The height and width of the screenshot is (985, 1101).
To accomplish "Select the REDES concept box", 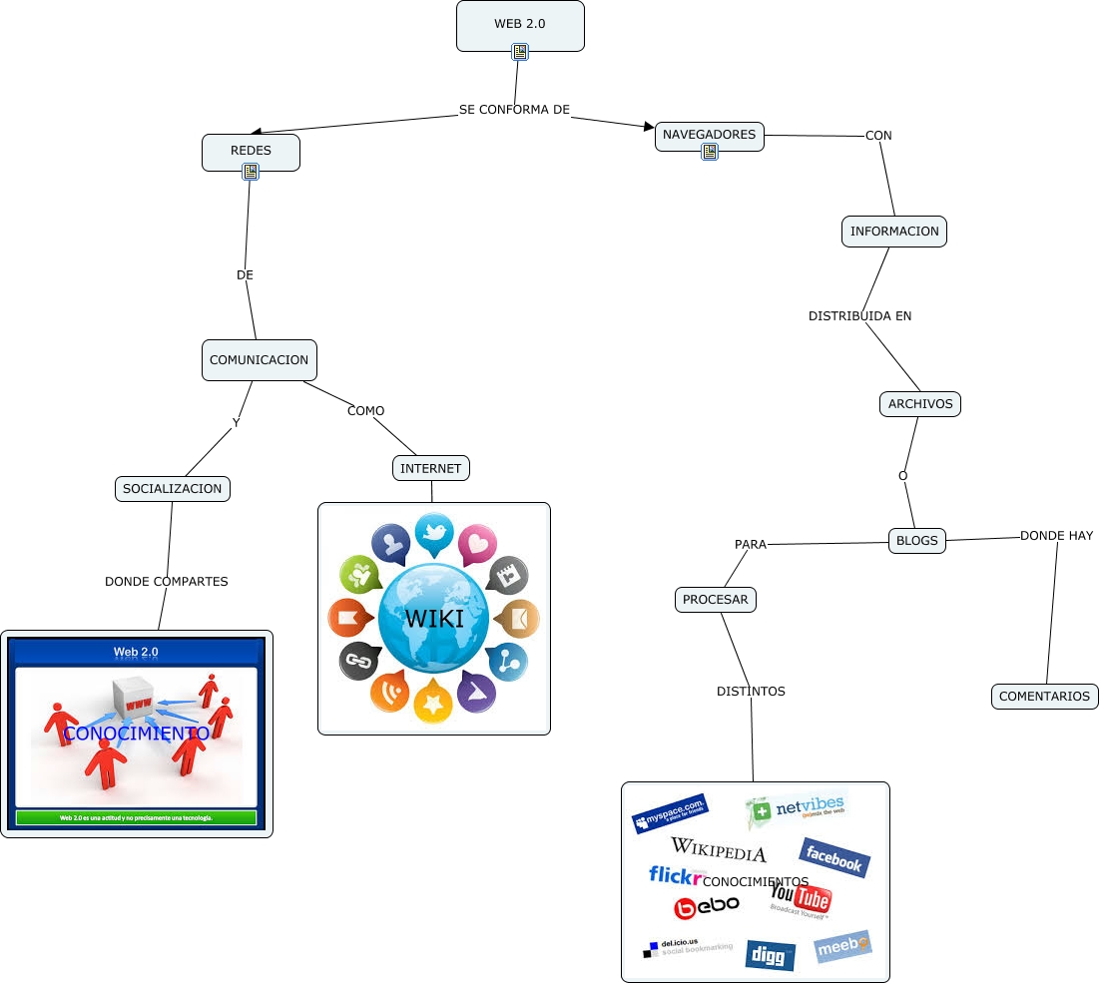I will coord(251,150).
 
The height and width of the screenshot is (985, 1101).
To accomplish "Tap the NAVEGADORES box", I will coord(709,135).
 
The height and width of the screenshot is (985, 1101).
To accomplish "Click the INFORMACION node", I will coord(894,232).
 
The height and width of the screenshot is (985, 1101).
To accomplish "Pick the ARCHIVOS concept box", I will coord(920,404).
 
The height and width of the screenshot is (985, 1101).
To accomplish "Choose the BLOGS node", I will coord(917,540).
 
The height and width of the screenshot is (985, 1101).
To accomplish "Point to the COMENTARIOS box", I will coord(1044,697).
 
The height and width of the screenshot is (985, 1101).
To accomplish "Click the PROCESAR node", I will coord(715,600).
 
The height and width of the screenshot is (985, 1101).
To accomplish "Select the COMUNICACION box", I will coord(260,360).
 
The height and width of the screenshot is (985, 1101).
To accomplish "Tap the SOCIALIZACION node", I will coord(173,489).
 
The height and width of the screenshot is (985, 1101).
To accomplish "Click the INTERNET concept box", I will coord(431,468).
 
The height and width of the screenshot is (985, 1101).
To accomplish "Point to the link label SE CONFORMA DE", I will coord(514,109).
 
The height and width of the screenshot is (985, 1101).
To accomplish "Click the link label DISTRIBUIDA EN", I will coord(859,316).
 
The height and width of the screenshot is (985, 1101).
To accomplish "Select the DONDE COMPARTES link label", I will coord(167,582).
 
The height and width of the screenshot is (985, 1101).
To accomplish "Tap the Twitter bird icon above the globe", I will coord(434,534).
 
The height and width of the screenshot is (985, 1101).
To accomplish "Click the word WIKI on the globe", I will coord(434,619).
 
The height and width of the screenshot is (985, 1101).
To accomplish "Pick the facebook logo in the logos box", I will coord(834,857).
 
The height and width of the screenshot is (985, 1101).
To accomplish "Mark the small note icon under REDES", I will coord(251,172).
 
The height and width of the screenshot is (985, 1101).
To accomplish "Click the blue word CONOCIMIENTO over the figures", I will coord(136,734).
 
